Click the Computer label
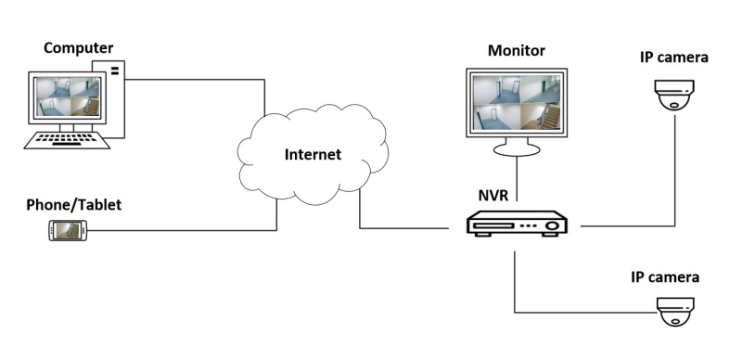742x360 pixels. [79, 48]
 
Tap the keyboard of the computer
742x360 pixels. [67, 141]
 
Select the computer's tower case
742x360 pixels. [112, 99]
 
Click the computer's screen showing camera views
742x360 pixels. [67, 97]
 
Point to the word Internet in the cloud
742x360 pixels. [313, 154]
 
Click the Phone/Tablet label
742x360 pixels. [74, 205]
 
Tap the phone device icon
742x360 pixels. [68, 230]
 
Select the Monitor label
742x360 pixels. [517, 51]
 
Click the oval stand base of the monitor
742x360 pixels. [517, 150]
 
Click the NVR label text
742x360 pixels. [493, 195]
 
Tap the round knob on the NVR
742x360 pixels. [552, 225]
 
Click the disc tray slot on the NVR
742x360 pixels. [494, 225]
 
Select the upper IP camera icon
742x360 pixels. [674, 95]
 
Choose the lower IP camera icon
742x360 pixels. [675, 312]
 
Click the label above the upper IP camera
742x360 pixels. [674, 58]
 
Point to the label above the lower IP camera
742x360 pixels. [665, 277]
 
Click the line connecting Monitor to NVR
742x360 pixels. [517, 179]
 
